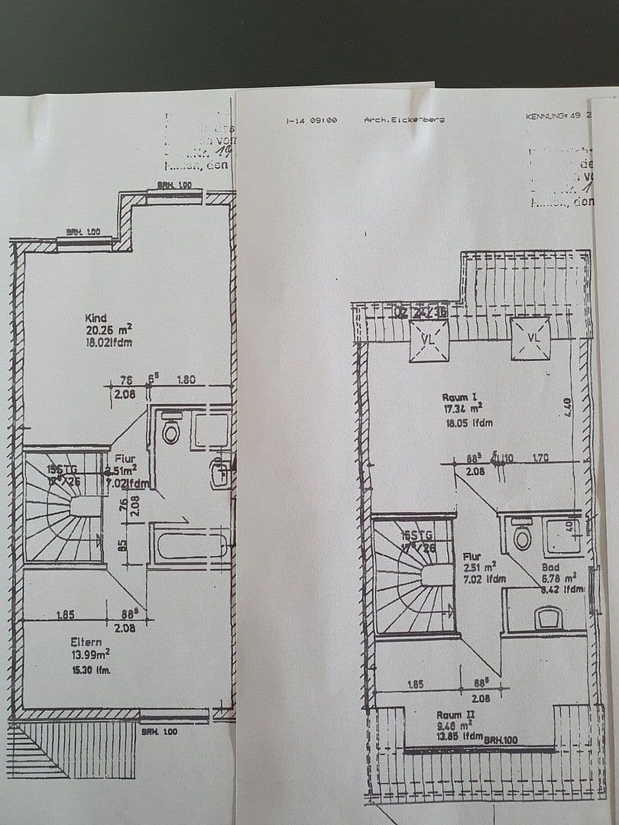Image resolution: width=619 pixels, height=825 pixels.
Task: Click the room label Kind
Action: [96, 318]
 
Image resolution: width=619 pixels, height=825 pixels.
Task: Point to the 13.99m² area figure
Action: [90, 653]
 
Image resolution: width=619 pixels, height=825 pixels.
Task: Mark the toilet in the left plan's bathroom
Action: [171, 432]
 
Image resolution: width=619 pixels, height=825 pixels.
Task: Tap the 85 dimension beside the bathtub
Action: [123, 547]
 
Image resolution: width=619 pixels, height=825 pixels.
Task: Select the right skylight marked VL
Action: [531, 337]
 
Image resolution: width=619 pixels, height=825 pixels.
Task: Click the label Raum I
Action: [459, 397]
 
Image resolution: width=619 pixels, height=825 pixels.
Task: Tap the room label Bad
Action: [550, 568]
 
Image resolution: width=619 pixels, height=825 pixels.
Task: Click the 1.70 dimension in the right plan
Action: [540, 459]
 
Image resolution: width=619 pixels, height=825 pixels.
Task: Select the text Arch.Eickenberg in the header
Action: [404, 120]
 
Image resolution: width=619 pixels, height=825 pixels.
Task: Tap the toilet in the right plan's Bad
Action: [523, 536]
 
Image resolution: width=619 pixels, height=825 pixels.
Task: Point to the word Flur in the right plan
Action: [472, 557]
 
